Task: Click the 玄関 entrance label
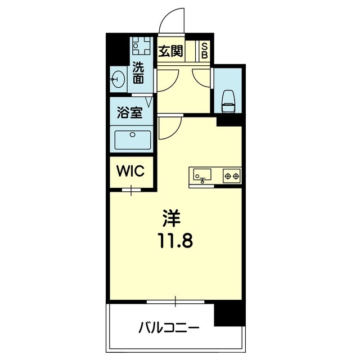coord(170,51)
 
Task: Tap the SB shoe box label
coord(205,51)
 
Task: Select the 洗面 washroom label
coord(138,73)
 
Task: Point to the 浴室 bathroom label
coord(129,112)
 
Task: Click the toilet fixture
coord(229,99)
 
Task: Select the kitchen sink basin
coord(202,175)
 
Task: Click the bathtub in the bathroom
coord(133,139)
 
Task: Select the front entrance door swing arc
coord(171,20)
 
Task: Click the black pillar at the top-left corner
coord(118,47)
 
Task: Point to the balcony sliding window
coord(175,303)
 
